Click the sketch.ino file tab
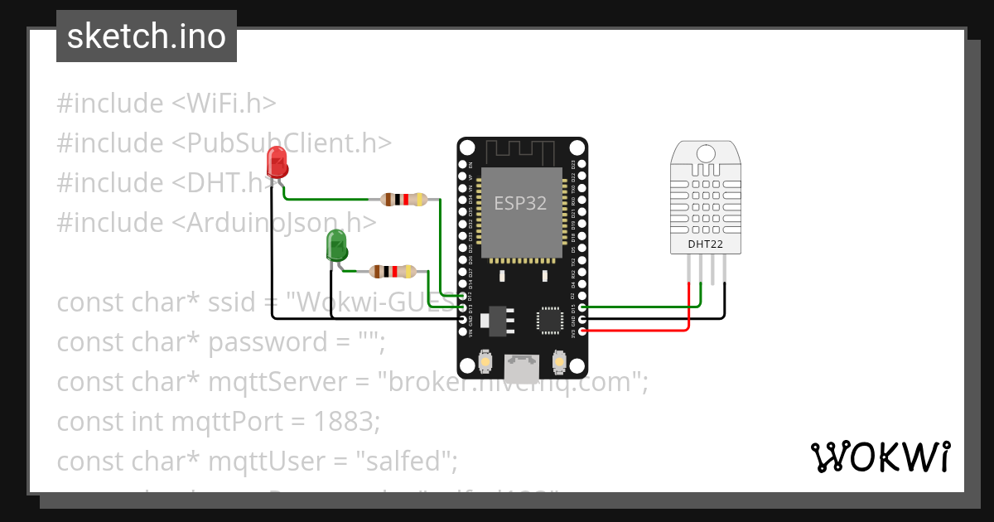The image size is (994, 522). point(147,36)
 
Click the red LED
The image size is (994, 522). point(277,161)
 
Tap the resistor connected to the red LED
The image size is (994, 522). point(403,199)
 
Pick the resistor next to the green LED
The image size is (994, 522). point(392,271)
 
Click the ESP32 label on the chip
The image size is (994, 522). point(520,203)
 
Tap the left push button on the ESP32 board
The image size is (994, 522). point(486,361)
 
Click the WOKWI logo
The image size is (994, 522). point(880,457)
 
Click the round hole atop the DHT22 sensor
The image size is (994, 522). point(706,153)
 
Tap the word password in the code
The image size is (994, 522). point(257,342)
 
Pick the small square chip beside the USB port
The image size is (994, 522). point(550,319)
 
